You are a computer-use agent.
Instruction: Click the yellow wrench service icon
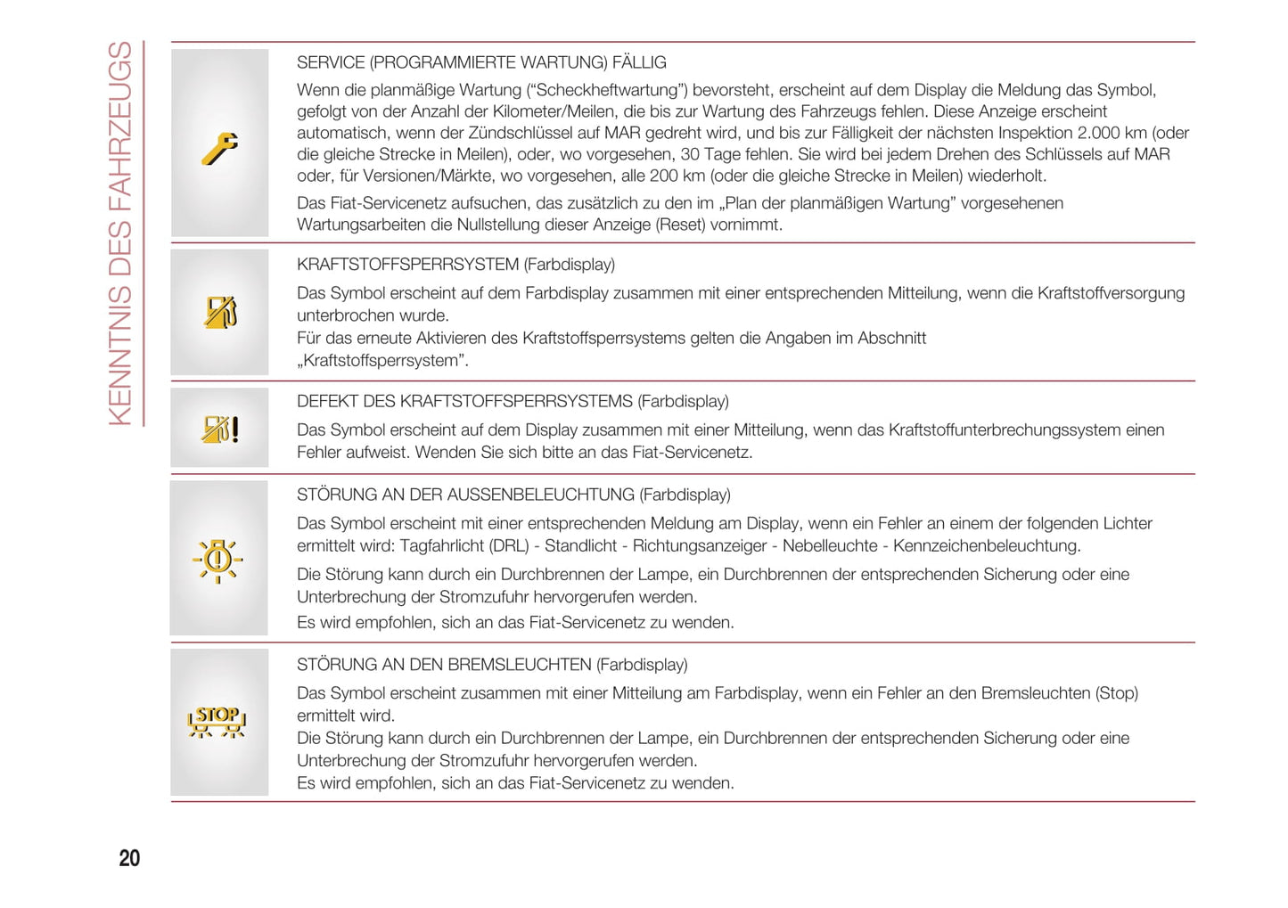tap(219, 148)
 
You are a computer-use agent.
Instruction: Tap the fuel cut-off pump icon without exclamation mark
tap(219, 312)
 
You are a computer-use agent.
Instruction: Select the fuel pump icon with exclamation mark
tap(219, 429)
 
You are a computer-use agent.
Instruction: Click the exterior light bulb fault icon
tap(217, 560)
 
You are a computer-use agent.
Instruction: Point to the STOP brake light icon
tap(217, 721)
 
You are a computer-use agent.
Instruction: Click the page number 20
tap(129, 858)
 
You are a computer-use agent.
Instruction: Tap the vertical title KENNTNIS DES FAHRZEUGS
tap(120, 233)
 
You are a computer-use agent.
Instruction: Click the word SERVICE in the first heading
tap(331, 62)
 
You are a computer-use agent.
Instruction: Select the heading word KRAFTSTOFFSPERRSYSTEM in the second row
tap(407, 265)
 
